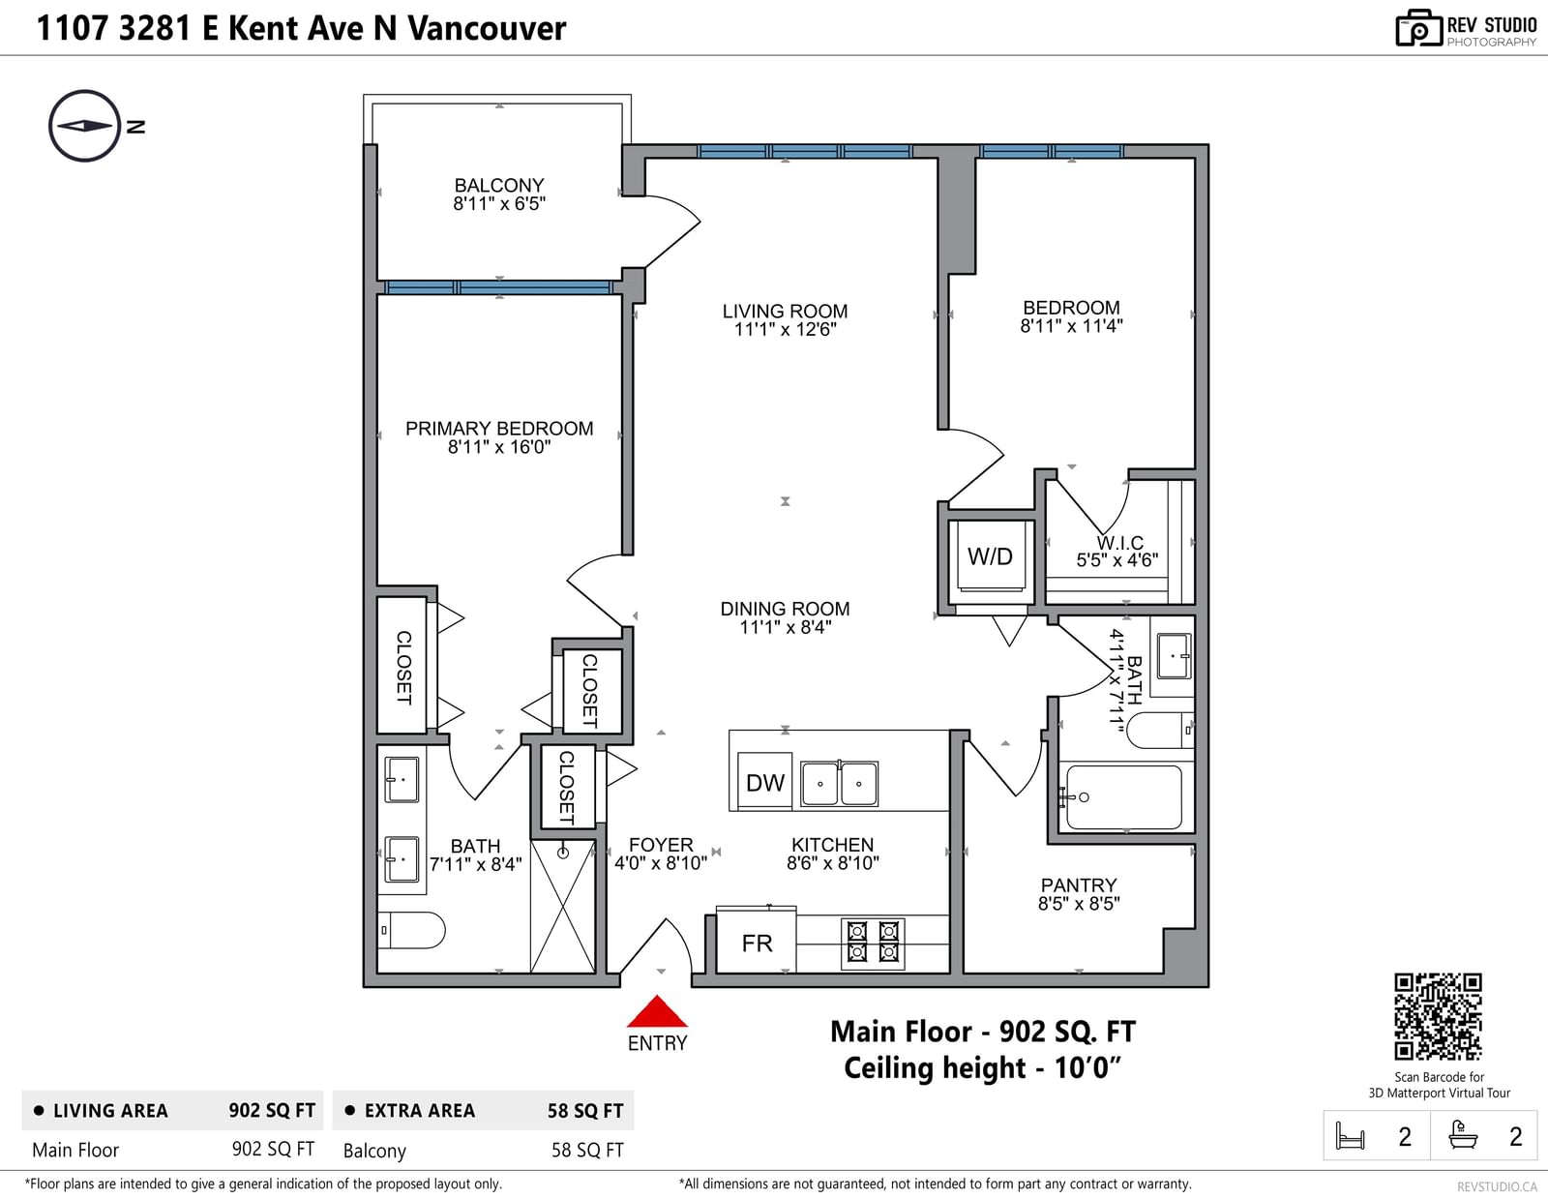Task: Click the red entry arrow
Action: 657,1011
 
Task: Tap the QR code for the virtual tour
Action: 1438,1017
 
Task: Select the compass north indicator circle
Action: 85,126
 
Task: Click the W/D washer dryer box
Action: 990,555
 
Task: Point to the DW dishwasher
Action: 764,782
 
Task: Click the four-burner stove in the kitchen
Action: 873,944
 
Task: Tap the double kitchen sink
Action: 839,784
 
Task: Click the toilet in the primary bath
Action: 411,930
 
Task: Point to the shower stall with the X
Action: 563,906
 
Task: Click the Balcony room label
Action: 498,185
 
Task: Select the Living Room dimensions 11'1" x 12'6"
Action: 785,329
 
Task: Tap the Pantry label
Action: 1079,884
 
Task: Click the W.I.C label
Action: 1119,543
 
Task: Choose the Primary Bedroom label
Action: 498,428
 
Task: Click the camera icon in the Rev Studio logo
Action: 1418,28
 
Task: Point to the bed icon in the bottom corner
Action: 1350,1135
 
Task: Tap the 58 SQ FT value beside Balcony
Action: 587,1150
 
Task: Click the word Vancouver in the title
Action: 487,28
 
